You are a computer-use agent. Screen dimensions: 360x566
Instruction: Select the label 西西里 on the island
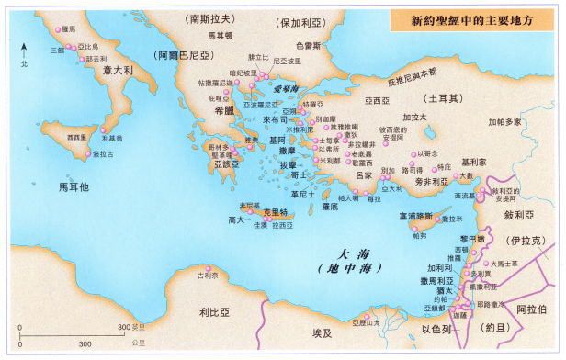pyautogui.click(x=77, y=136)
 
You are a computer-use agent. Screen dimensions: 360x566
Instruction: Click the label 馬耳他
pyautogui.click(x=74, y=186)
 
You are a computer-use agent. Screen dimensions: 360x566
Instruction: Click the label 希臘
pyautogui.click(x=225, y=109)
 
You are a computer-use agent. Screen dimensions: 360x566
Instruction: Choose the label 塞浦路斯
pyautogui.click(x=415, y=217)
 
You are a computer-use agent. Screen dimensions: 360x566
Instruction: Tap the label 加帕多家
pyautogui.click(x=504, y=121)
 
